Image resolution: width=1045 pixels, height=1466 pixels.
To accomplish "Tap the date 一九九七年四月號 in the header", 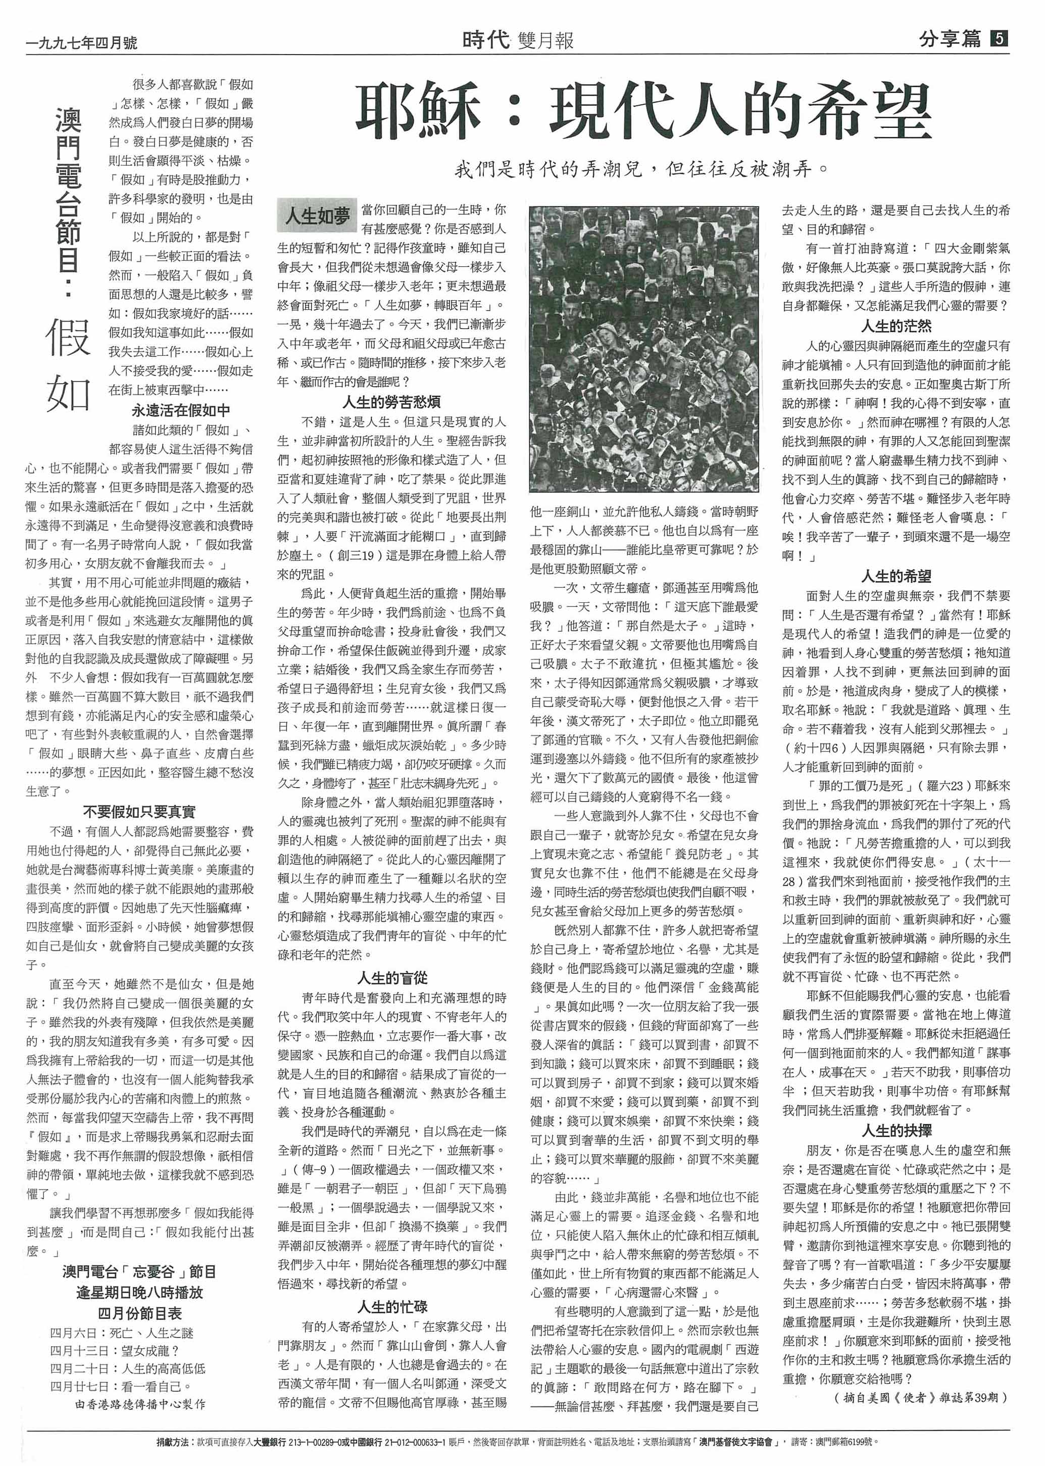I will pos(81,42).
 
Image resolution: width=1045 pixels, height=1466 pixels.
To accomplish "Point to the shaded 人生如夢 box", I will pos(317,216).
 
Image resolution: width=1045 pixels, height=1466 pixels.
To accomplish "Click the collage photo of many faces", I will pos(644,348).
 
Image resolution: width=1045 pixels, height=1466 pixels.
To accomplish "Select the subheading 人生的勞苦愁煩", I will pos(391,402).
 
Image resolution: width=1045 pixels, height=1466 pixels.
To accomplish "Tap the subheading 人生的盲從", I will pos(392,978).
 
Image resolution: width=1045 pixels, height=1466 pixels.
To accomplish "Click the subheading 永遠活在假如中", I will pos(180,410).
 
